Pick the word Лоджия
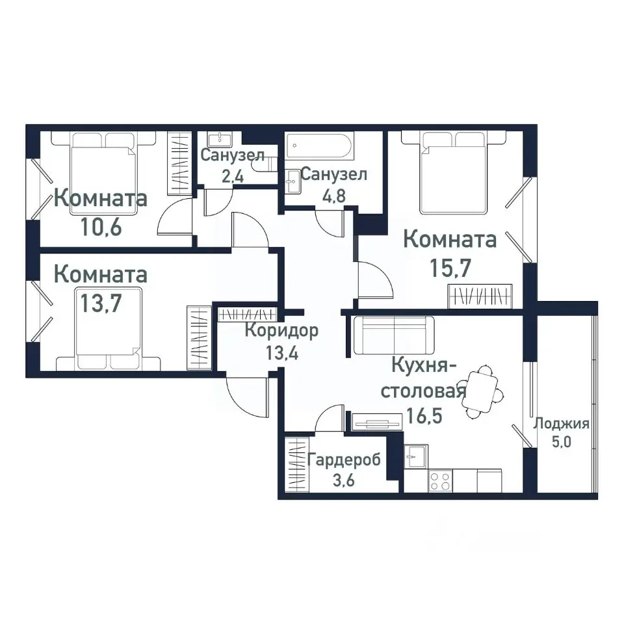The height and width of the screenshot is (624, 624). (x=561, y=424)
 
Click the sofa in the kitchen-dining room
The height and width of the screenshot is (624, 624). (x=395, y=335)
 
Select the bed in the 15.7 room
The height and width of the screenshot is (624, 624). (x=453, y=172)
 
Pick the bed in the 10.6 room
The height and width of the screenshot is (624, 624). (x=103, y=168)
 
